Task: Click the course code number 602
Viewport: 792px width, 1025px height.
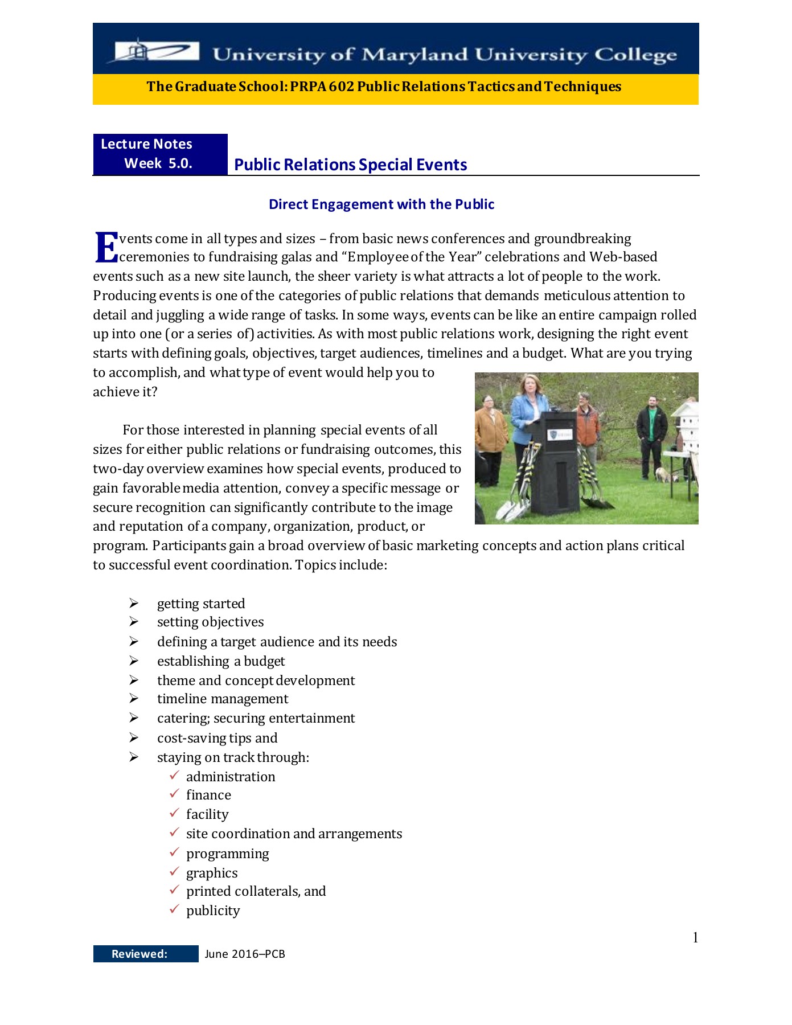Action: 340,87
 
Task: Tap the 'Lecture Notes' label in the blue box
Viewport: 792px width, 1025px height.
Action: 146,144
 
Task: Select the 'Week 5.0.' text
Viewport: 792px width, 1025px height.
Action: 158,163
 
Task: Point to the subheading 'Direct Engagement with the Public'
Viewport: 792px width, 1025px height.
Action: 381,204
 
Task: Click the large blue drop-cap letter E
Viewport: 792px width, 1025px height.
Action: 106,248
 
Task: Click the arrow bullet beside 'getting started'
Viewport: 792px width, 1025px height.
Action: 134,603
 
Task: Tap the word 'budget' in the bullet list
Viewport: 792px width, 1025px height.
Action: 264,661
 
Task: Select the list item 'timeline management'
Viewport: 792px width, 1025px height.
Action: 223,699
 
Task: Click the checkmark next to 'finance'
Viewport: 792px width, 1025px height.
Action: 174,794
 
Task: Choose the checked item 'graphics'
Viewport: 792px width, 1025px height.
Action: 212,873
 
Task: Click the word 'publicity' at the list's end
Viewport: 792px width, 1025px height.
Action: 213,911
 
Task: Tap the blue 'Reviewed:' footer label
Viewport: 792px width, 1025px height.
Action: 139,954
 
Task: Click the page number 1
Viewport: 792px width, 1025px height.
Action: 695,937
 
